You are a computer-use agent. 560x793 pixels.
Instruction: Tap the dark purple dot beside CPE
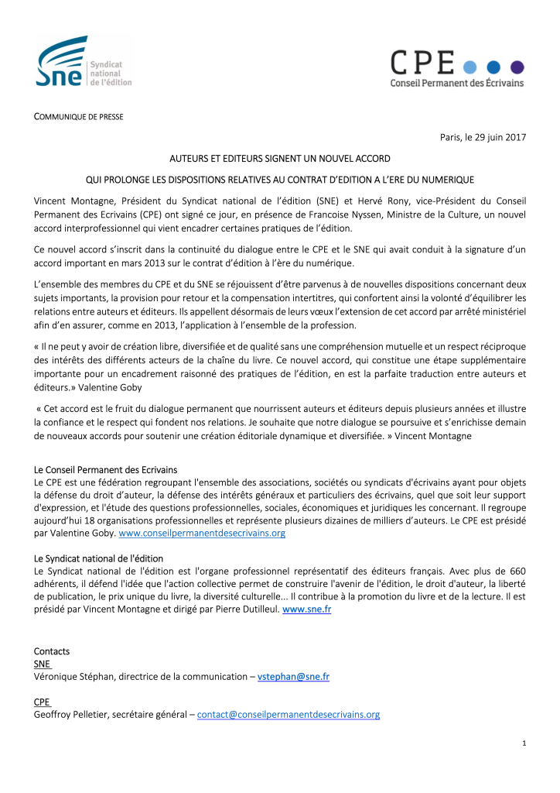pyautogui.click(x=517, y=66)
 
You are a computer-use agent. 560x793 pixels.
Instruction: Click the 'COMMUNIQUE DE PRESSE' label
pyautogui.click(x=78, y=117)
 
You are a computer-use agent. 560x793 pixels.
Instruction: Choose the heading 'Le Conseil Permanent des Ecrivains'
pyautogui.click(x=105, y=469)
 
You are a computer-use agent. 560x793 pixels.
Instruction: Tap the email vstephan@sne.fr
pyautogui.click(x=293, y=676)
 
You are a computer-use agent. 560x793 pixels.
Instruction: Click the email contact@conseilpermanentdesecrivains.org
pyautogui.click(x=289, y=714)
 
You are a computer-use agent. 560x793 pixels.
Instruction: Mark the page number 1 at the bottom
pyautogui.click(x=524, y=743)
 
